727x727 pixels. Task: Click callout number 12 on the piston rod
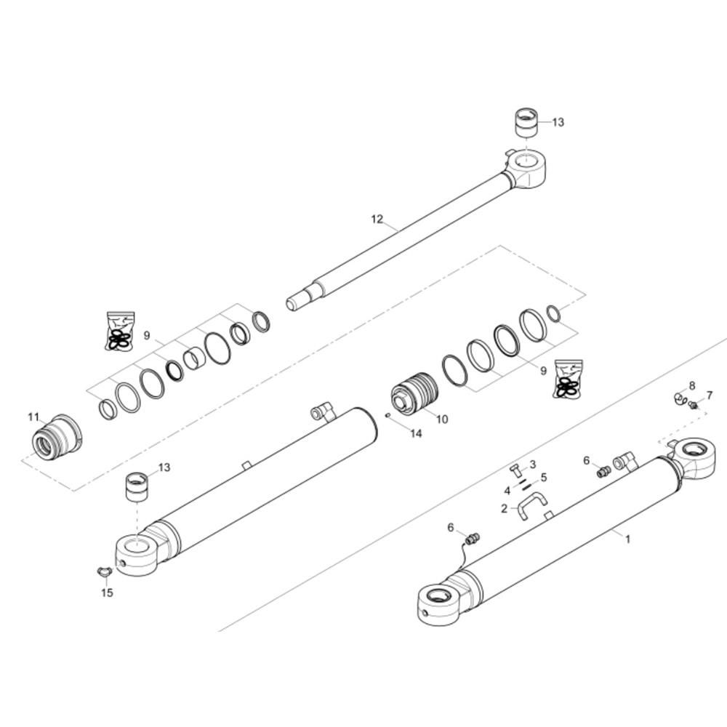pos(377,219)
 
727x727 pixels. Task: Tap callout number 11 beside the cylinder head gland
pos(33,417)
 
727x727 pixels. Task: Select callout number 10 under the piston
pos(442,419)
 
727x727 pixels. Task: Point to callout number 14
pos(417,433)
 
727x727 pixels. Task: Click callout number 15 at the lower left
pos(107,593)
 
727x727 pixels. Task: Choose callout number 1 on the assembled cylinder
pos(628,539)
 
